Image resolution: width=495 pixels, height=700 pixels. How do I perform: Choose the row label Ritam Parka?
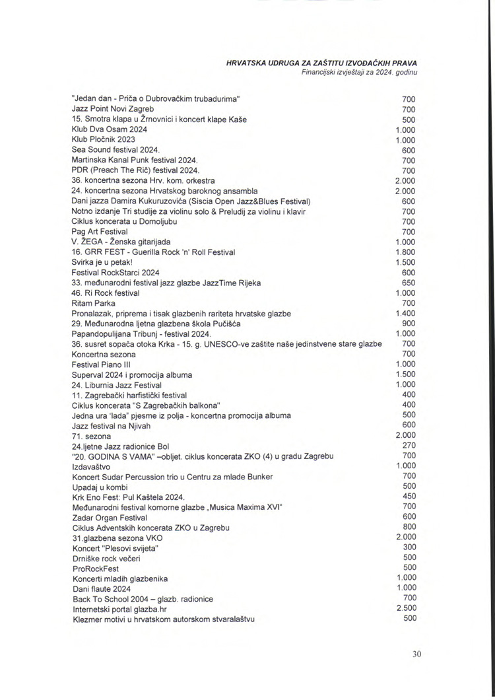pos(92,303)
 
